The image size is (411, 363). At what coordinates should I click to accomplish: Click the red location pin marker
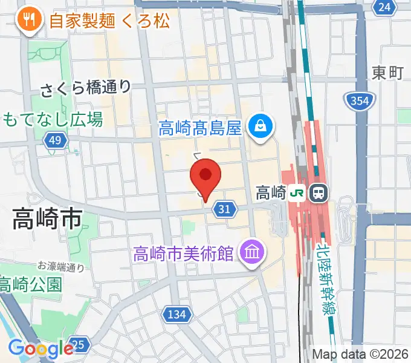[x=205, y=176]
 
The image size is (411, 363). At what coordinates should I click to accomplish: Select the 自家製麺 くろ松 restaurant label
[x=109, y=21]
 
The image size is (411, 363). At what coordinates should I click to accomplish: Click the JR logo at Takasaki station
[x=297, y=193]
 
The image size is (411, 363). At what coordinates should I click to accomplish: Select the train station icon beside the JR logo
[x=317, y=193]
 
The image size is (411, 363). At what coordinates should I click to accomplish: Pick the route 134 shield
[x=176, y=314]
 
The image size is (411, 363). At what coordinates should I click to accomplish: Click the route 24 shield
[x=384, y=7]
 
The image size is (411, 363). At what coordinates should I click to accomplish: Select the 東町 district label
[x=387, y=73]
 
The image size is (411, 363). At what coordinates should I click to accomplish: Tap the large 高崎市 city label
[x=47, y=220]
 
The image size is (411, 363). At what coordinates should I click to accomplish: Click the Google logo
[x=41, y=348]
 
